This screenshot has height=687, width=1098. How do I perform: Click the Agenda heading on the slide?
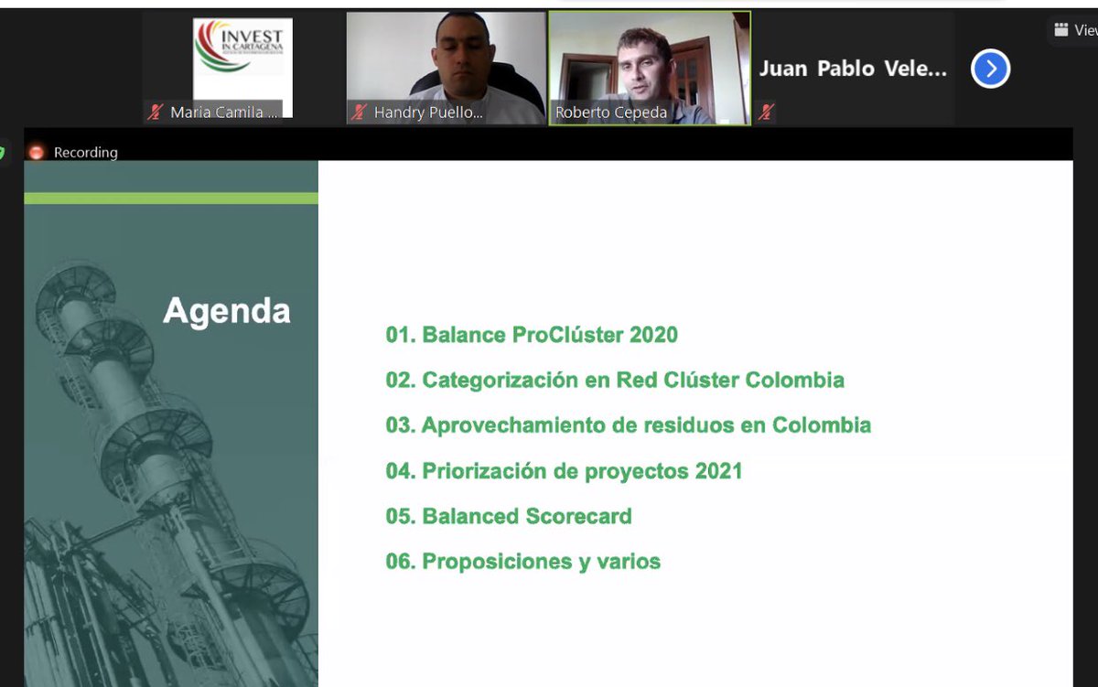226,311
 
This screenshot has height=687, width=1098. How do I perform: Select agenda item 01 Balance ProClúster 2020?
532,335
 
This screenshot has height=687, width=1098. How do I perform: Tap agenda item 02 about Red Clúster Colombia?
615,380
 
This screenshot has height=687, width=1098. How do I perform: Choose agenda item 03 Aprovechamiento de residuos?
628,425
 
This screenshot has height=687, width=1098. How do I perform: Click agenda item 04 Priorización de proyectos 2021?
564,471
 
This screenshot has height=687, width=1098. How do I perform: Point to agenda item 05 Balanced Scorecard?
509,516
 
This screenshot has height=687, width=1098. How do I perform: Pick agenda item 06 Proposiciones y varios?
522,562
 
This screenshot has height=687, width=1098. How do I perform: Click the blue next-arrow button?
990,69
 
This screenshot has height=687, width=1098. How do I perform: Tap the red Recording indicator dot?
37,153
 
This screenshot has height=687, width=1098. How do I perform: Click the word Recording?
86,153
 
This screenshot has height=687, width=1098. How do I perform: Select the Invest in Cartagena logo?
242,59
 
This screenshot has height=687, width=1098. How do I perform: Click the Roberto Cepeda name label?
611,113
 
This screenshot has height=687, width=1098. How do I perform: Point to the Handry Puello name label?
428,113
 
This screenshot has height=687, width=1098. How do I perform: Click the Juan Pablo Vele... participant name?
853,69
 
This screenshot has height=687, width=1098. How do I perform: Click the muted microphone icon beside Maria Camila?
156,113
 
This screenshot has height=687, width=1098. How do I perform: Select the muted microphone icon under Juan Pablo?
766,113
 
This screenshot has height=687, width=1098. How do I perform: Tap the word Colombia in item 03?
822,425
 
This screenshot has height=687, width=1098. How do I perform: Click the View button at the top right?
1076,30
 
